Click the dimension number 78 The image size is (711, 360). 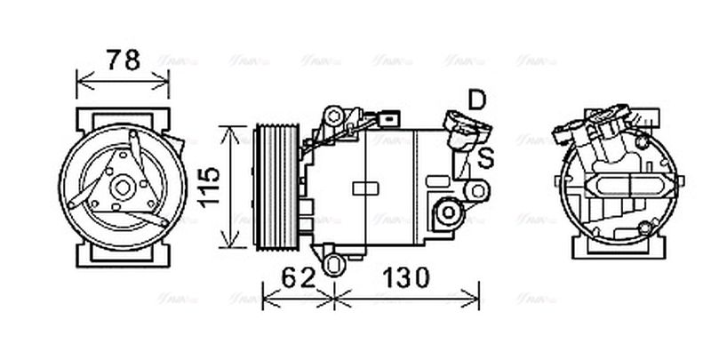pos(123,60)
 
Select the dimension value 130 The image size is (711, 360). pos(406,278)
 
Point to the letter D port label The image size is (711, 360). pos(478,100)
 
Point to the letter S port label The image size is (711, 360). pos(486,158)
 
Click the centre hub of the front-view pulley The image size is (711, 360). pos(123,187)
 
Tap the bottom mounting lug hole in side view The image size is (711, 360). pos(332,264)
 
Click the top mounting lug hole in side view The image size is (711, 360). pos(333,116)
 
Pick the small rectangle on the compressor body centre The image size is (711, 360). pos(365,188)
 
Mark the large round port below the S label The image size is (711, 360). pos(449,213)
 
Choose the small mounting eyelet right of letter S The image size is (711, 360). pos(478,189)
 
